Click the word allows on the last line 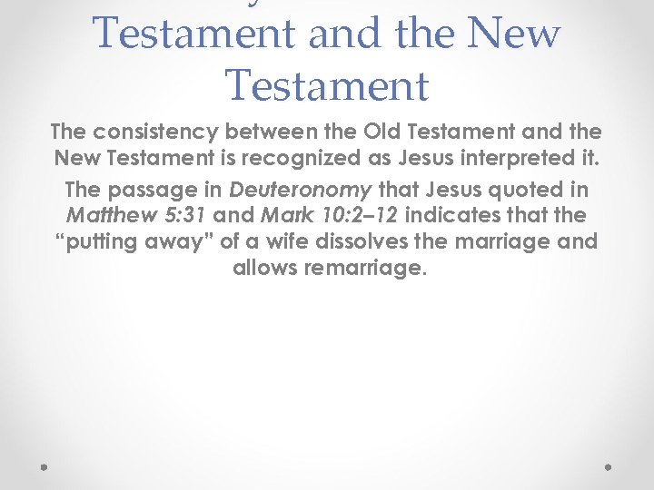click(x=264, y=269)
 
